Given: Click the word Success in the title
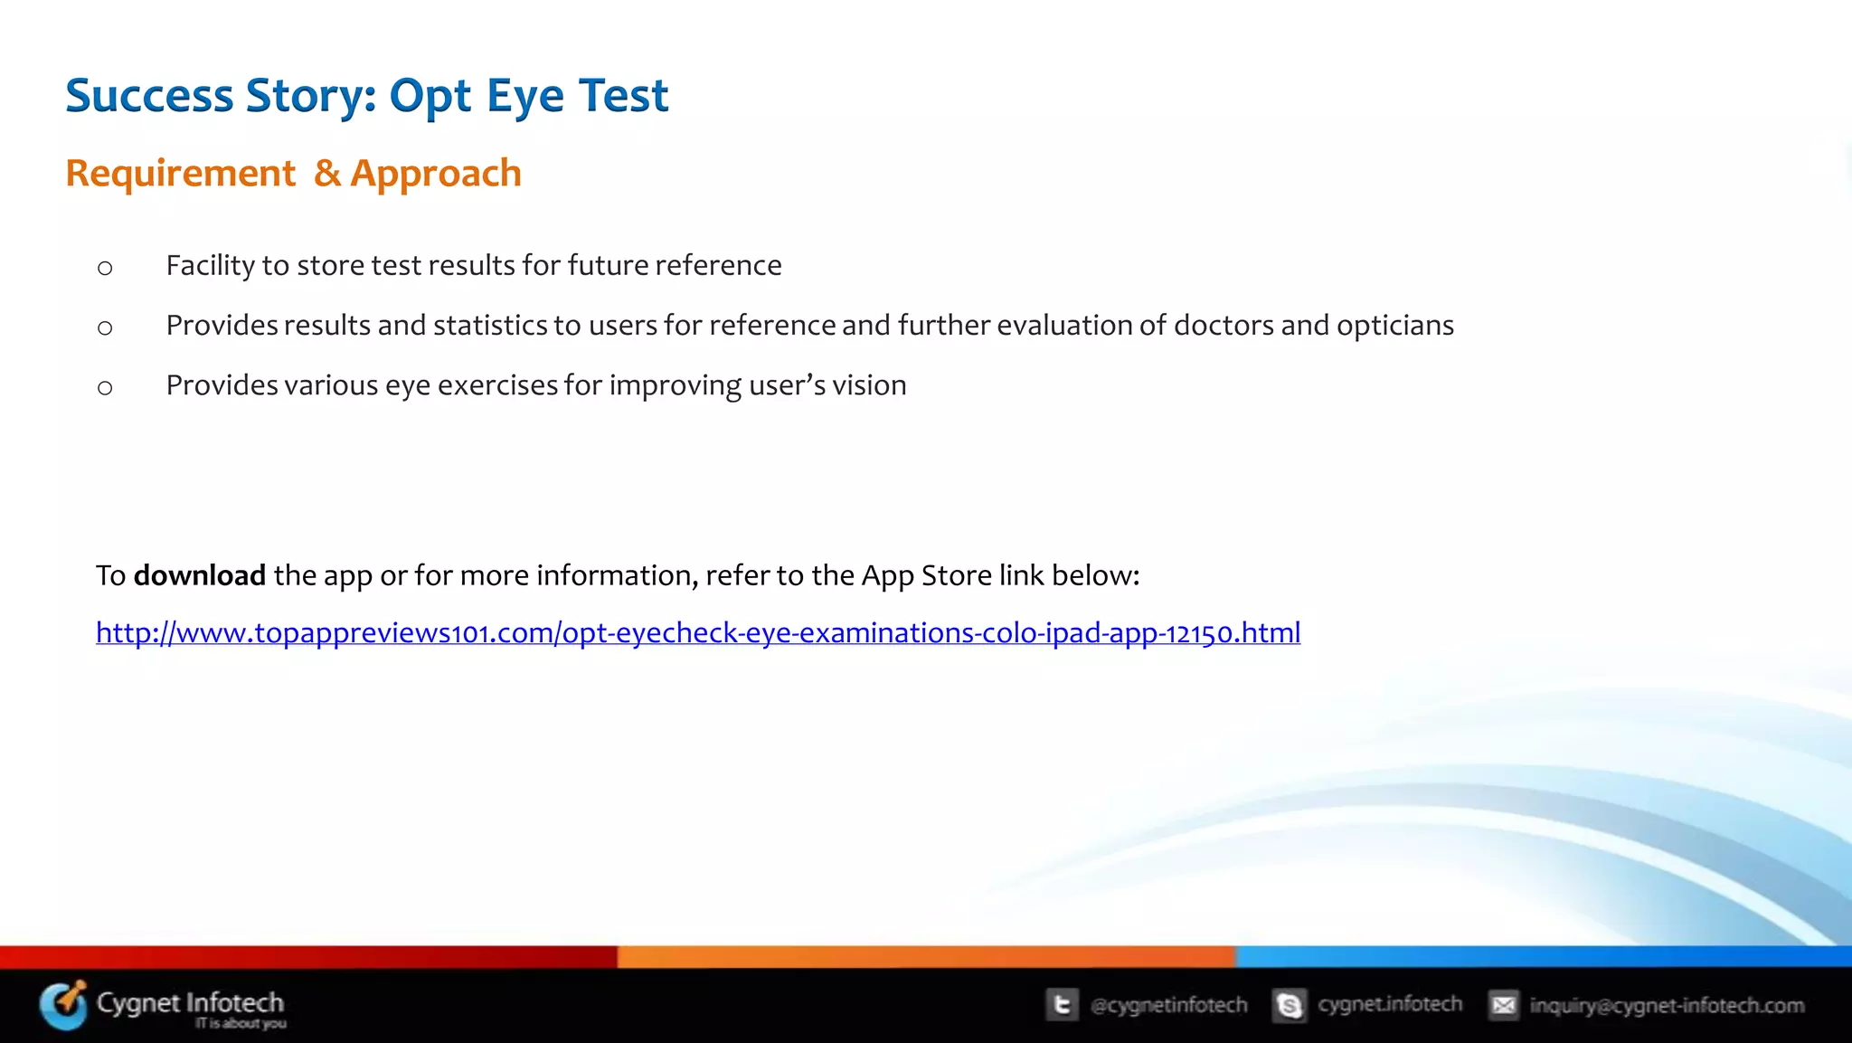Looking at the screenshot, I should point(149,96).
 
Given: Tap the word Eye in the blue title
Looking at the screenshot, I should point(524,96).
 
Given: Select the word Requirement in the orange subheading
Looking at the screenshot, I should point(180,173).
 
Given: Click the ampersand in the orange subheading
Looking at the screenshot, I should point(327,173).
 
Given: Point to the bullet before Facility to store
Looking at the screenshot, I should point(105,268).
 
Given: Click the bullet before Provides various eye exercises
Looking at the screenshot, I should point(105,388).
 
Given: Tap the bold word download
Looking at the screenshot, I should point(199,575).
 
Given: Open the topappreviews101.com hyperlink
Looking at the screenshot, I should point(697,632).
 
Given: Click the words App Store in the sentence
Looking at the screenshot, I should point(926,575).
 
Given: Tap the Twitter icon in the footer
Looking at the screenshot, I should point(1063,1005).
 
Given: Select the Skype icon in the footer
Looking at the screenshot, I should point(1290,1005).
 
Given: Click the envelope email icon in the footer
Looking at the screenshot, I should point(1504,1005).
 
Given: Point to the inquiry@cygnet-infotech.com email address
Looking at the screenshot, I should point(1666,1005).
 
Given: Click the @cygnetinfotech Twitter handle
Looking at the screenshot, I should point(1168,1005).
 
